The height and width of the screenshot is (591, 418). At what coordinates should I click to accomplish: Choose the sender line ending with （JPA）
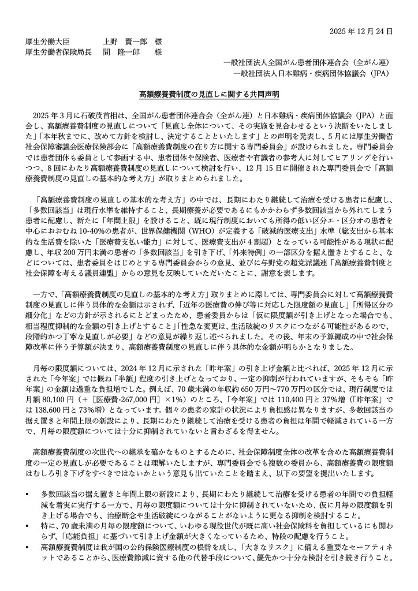[313, 74]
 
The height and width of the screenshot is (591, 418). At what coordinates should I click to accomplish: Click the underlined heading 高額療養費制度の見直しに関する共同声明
[209, 92]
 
